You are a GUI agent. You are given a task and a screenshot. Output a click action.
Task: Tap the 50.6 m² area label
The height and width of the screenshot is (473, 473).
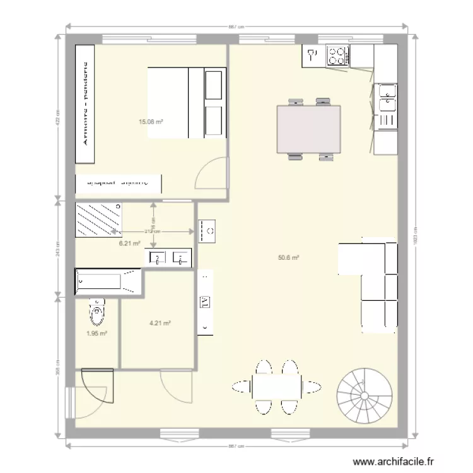[288, 257]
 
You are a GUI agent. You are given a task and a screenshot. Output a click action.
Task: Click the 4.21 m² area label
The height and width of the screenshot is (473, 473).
[160, 323]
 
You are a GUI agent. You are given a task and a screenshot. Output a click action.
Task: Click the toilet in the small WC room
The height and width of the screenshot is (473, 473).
[96, 310]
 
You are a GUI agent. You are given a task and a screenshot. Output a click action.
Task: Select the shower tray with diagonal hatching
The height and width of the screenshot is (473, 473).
[100, 220]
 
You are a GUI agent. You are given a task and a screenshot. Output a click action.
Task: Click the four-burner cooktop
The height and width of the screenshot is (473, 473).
[337, 55]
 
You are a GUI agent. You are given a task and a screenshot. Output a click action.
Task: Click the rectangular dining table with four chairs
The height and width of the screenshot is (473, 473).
[309, 129]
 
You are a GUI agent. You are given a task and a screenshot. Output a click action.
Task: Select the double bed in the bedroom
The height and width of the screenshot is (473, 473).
[186, 102]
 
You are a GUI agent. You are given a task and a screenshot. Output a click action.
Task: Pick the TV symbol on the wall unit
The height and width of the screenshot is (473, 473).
[205, 302]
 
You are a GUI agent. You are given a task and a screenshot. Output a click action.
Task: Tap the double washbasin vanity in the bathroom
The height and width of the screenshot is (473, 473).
[169, 257]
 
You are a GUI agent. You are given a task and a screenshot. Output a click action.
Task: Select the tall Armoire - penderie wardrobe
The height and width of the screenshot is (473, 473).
[85, 105]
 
